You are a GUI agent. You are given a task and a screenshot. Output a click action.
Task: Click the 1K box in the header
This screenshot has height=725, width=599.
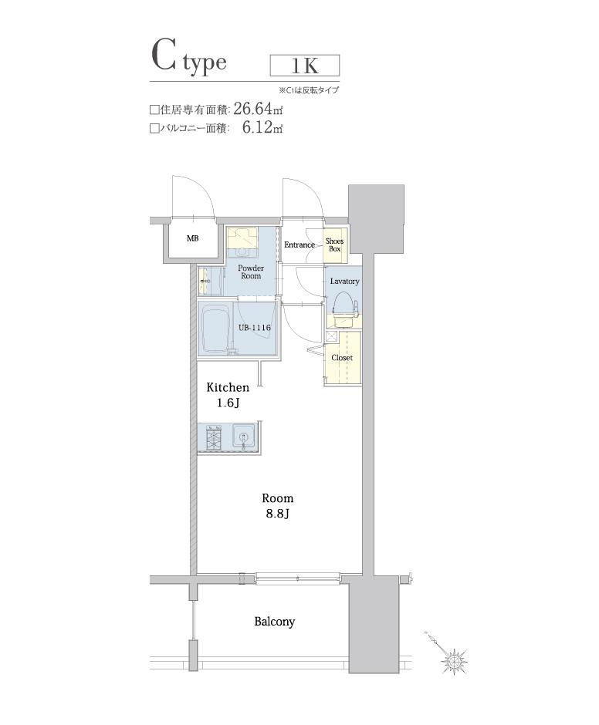(305, 66)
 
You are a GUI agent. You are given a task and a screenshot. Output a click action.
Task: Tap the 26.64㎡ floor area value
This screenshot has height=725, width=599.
(258, 109)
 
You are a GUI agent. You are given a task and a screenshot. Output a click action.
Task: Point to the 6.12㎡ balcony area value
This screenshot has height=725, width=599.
(262, 127)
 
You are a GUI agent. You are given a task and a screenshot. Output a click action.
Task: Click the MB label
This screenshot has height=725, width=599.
(192, 238)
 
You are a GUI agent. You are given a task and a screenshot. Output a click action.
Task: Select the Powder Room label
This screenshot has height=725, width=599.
(251, 271)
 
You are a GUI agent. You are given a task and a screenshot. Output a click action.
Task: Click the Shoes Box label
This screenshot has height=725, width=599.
(335, 244)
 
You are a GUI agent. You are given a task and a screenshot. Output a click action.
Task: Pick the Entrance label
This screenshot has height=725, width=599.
(299, 244)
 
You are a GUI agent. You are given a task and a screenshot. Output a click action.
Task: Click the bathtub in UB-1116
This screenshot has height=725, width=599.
(216, 329)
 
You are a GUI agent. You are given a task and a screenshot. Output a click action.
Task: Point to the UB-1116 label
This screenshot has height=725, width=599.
(254, 328)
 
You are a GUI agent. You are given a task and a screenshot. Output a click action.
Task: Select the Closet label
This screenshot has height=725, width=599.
(342, 357)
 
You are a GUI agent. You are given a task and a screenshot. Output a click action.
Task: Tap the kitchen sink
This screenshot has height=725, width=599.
(243, 436)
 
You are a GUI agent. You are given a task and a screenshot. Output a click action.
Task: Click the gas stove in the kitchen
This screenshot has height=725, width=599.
(214, 437)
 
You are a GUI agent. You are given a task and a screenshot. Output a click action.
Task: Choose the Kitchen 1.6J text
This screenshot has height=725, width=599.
(228, 395)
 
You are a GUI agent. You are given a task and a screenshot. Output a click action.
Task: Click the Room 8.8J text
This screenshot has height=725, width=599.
(277, 505)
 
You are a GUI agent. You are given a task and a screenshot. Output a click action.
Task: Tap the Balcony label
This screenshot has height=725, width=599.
(275, 622)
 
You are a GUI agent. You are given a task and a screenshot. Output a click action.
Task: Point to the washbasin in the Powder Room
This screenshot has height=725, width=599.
(204, 280)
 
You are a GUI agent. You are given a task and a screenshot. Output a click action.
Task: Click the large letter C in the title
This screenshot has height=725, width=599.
(164, 56)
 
